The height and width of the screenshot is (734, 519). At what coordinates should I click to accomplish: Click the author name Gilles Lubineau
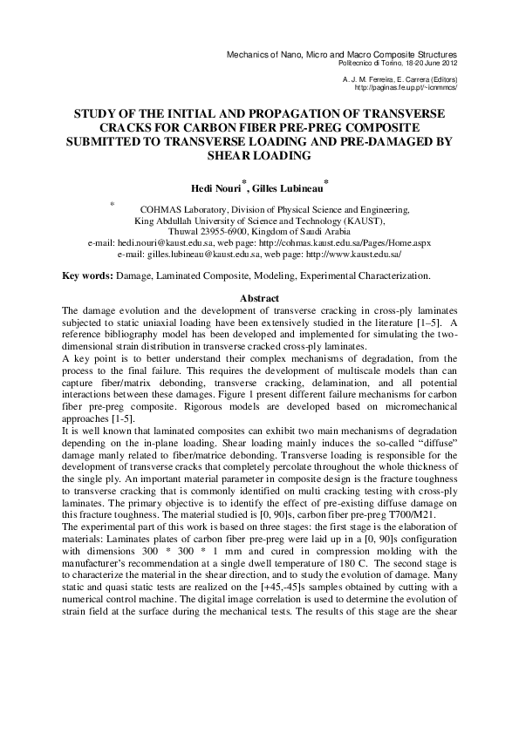coord(287,187)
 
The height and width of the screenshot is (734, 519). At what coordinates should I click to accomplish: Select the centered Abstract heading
coord(259,299)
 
